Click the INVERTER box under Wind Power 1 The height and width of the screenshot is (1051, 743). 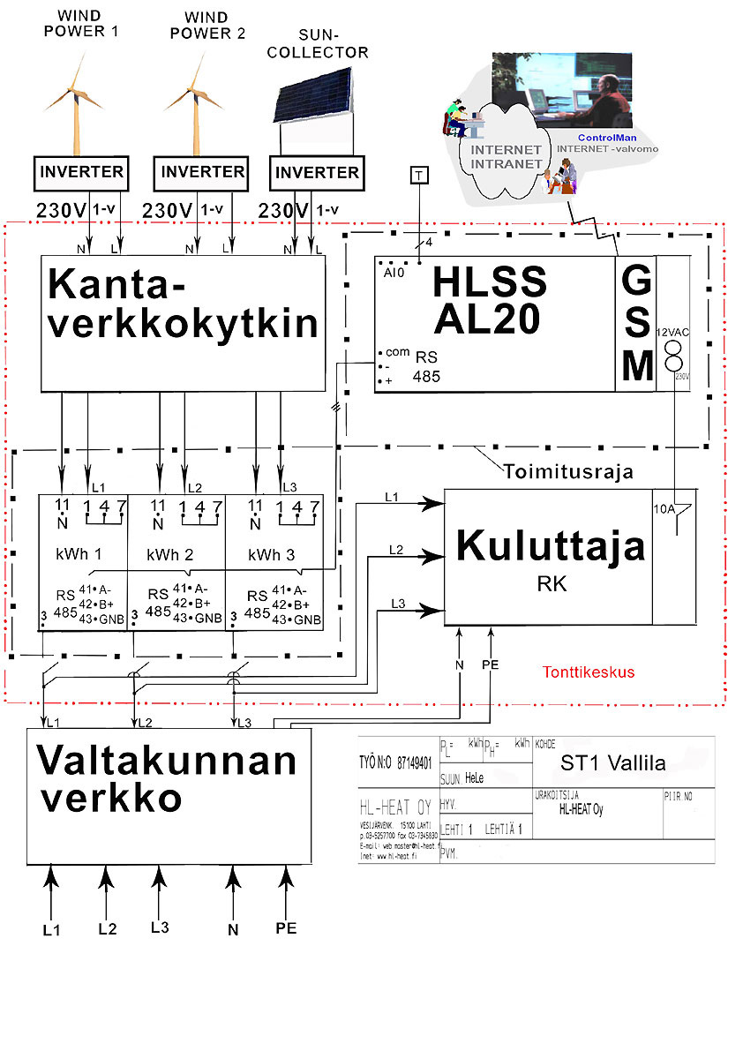coord(80,172)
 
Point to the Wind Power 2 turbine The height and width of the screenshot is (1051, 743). coord(191,97)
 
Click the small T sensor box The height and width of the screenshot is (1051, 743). coord(419,175)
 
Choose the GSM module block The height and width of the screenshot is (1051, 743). coord(636,323)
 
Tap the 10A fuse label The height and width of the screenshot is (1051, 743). coord(664,510)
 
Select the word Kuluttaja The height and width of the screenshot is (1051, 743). coord(550,547)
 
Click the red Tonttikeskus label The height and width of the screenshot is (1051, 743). coord(589,672)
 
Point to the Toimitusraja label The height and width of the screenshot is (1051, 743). coord(568,471)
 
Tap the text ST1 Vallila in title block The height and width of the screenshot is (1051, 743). coord(612,762)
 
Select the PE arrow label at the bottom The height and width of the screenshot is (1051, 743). coord(286,928)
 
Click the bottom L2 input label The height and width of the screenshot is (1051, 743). coord(107,928)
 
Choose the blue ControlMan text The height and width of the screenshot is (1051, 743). coord(606,139)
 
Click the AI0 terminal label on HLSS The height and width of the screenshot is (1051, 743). coord(393,274)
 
